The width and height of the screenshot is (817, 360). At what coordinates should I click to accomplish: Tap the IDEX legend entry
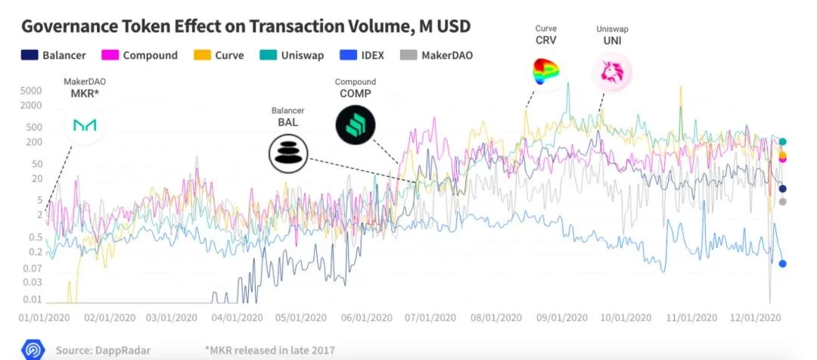pyautogui.click(x=363, y=55)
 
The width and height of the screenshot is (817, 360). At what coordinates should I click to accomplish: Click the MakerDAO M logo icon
pyautogui.click(x=84, y=126)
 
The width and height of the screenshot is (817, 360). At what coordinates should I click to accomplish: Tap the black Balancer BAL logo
pyautogui.click(x=288, y=153)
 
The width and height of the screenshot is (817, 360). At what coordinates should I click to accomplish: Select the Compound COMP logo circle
pyautogui.click(x=356, y=123)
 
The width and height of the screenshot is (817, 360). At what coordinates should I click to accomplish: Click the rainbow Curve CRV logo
pyautogui.click(x=545, y=72)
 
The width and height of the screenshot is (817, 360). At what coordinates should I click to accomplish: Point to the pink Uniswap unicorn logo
pyautogui.click(x=612, y=72)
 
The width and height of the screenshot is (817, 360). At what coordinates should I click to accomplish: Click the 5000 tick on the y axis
pyautogui.click(x=32, y=90)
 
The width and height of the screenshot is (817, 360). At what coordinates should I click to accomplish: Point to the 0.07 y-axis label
pyautogui.click(x=32, y=268)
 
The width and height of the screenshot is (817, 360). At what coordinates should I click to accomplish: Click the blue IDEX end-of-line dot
pyautogui.click(x=782, y=263)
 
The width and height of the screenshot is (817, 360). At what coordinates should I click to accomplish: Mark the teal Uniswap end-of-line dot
pyautogui.click(x=782, y=141)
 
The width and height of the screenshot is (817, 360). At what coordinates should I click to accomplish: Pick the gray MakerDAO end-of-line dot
pyautogui.click(x=782, y=201)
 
